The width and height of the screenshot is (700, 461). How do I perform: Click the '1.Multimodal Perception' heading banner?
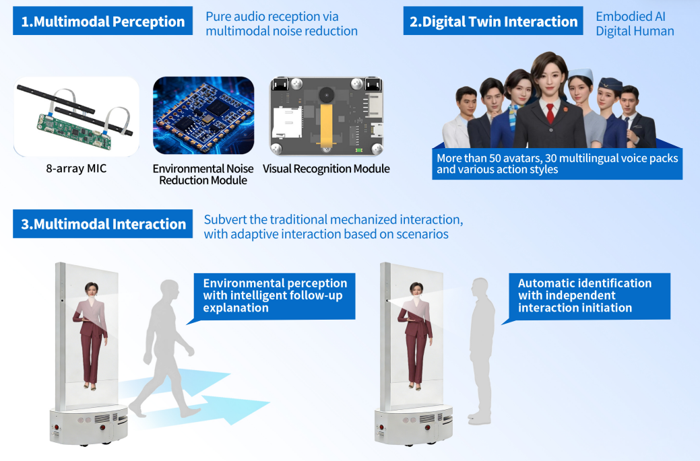[x=102, y=21]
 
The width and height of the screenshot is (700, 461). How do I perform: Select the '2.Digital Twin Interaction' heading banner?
[x=493, y=21]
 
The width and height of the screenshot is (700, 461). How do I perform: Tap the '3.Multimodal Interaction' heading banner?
[x=102, y=224]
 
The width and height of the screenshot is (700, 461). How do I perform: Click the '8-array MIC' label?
[x=76, y=168]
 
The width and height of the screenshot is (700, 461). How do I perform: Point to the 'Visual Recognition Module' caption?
[x=326, y=169]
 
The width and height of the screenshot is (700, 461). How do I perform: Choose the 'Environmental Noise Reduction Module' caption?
[x=203, y=174]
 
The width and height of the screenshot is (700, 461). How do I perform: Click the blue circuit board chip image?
[x=203, y=116]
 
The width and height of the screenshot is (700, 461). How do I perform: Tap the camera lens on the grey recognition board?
[x=326, y=94]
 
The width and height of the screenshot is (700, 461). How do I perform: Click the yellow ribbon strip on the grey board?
[x=326, y=125]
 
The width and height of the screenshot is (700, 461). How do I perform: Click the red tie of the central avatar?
[x=550, y=113]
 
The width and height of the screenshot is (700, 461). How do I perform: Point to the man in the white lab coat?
[x=460, y=118]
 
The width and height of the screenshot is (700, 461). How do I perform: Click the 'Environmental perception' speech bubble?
[x=274, y=296]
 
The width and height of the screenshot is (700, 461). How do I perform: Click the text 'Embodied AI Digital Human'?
[x=635, y=24]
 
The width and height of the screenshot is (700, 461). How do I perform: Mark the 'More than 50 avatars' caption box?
[x=557, y=164]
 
